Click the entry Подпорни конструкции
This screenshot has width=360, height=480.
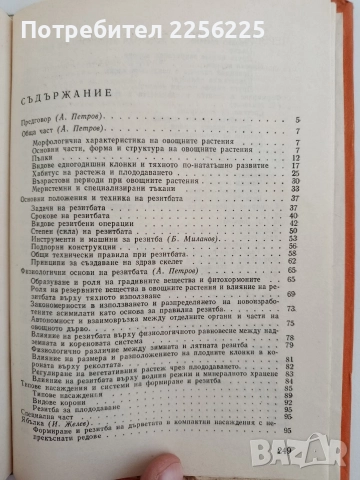94,249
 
